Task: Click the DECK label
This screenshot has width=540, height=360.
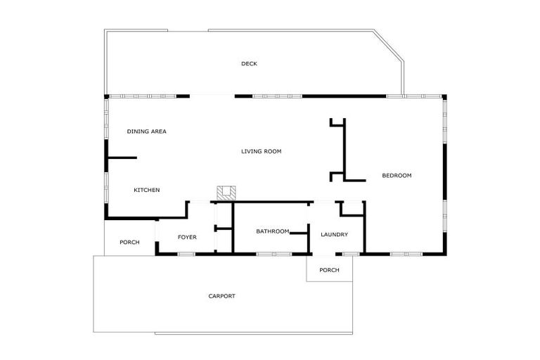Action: [249, 64]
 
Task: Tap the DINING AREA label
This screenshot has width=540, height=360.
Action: [146, 131]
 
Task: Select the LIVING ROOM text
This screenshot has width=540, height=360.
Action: [261, 151]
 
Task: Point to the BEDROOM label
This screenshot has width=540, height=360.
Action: [397, 175]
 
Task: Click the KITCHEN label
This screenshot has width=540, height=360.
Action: [147, 190]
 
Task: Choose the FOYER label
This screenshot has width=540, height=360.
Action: [187, 237]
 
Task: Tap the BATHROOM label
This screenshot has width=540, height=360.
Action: [273, 231]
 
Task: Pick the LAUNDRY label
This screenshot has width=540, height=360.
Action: [334, 235]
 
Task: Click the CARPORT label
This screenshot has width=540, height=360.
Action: [221, 296]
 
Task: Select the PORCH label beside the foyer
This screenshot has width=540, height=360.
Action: [129, 243]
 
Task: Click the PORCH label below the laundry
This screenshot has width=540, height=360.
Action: [329, 270]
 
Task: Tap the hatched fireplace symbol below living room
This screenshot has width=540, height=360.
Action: [226, 193]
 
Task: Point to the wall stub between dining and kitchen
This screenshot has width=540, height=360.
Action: [121, 158]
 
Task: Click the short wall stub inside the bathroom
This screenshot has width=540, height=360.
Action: [299, 233]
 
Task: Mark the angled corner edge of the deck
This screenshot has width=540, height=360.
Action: [389, 46]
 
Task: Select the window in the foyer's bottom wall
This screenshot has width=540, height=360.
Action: [186, 253]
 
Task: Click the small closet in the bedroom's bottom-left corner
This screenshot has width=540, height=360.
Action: [352, 209]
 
